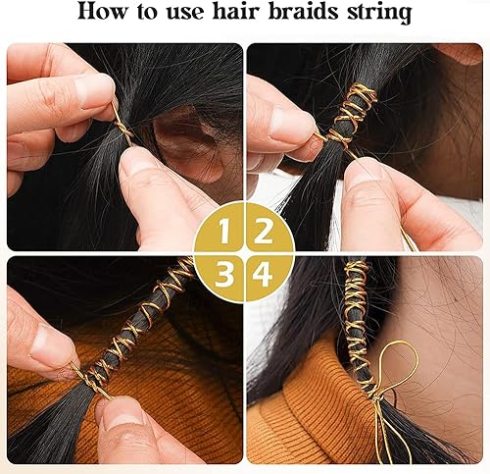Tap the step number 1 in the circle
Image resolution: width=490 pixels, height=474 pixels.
(x=224, y=233)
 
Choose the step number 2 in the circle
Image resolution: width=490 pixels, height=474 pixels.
(x=262, y=233)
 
